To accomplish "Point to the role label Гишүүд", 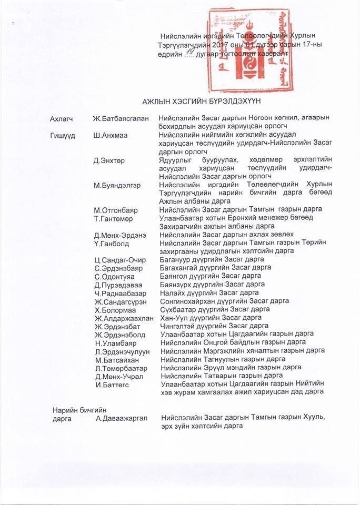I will coord(63,135).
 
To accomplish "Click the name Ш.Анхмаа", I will coord(113,135).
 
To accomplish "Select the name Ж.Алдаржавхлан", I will coord(124,318).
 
